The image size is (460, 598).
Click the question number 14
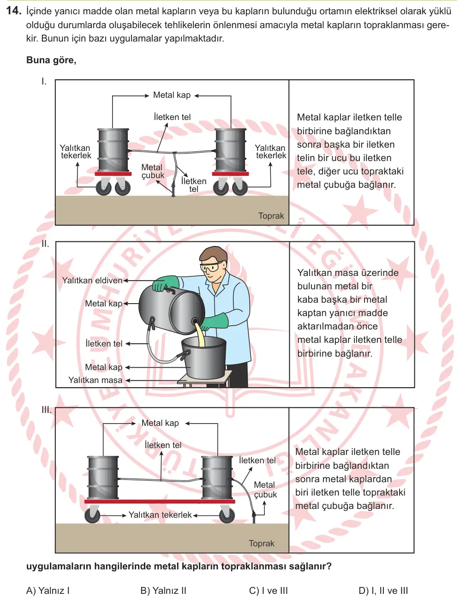[x=13, y=11]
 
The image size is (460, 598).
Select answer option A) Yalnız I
[x=48, y=590]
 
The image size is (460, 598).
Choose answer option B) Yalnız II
[x=163, y=590]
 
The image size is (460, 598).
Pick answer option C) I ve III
[x=268, y=590]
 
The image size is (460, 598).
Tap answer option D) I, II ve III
[x=383, y=590]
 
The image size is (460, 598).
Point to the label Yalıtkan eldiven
[x=92, y=281]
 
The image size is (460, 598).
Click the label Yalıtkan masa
[x=95, y=380]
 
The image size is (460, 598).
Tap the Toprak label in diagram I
[x=271, y=216]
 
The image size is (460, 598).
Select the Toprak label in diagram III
[x=261, y=543]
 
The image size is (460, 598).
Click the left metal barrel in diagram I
[x=113, y=150]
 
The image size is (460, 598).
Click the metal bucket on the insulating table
[x=204, y=357]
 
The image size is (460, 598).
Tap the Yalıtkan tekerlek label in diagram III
[x=160, y=514]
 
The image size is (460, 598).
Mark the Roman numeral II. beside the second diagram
[x=45, y=244]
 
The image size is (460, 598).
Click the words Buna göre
[x=51, y=60]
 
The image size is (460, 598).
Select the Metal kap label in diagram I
[x=172, y=95]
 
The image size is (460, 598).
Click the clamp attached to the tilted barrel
[x=152, y=323]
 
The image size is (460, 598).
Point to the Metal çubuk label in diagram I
[x=152, y=171]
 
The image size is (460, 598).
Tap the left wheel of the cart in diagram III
[x=92, y=515]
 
